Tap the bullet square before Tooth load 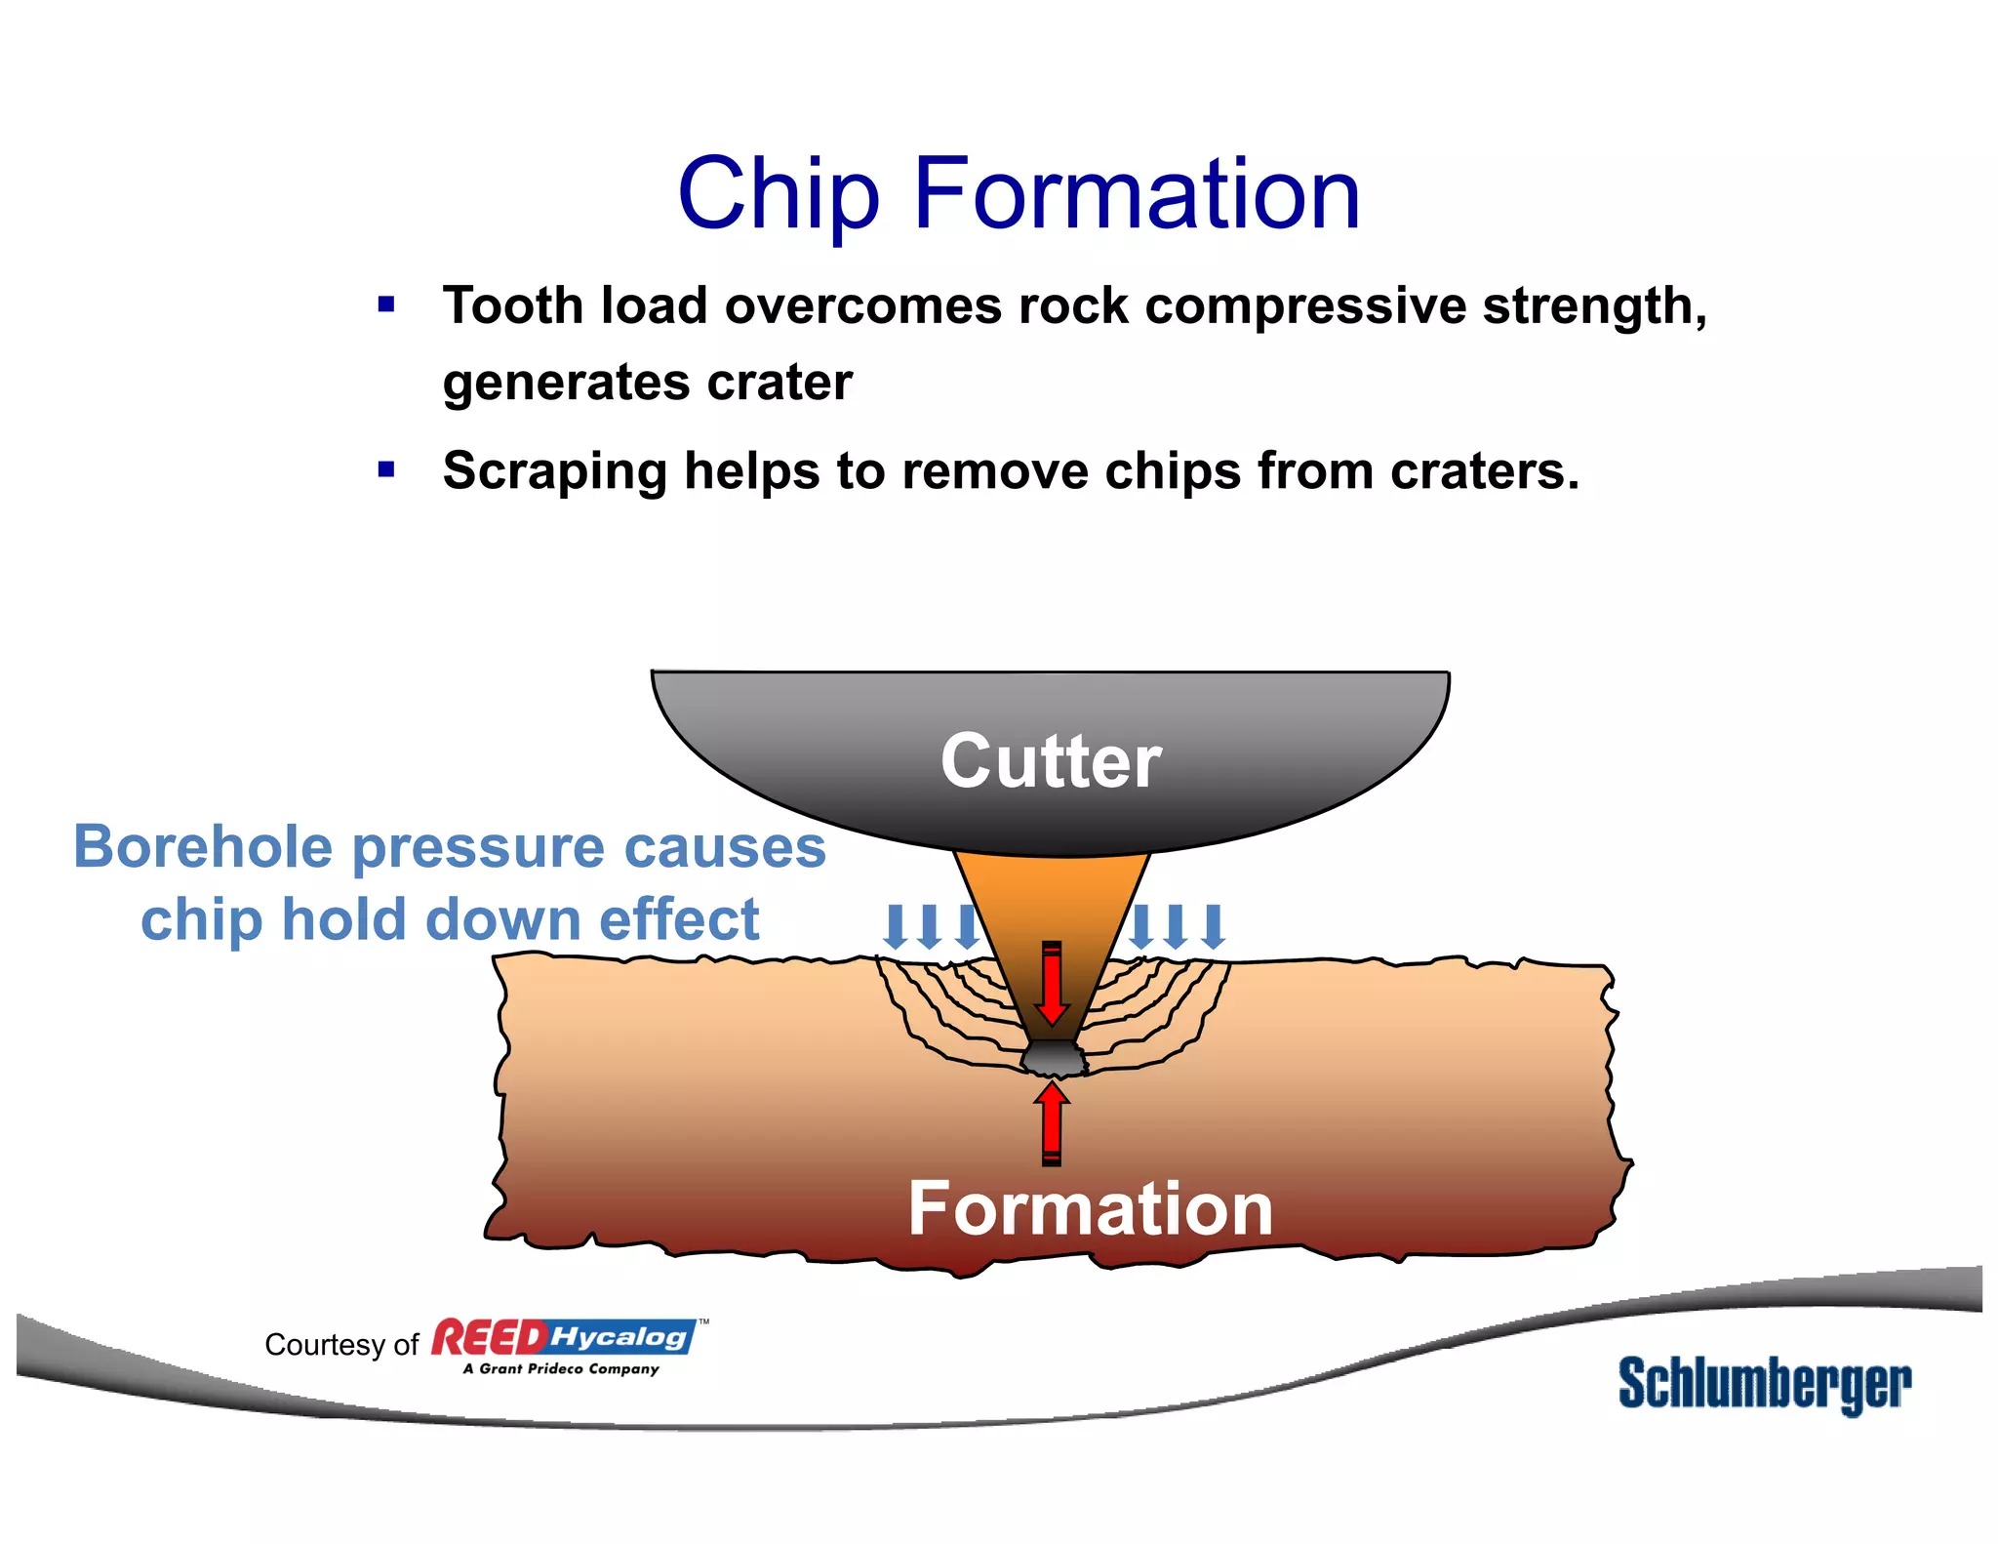(386, 305)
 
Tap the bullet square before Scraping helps (386, 470)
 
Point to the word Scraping (555, 472)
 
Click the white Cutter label (1051, 760)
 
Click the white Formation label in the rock (1090, 1208)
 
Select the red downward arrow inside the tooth (1052, 984)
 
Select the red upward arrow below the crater (1052, 1122)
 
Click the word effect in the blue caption (679, 920)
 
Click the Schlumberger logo (1764, 1384)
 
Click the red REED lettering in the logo (489, 1338)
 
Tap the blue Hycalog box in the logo (620, 1336)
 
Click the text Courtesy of (340, 1345)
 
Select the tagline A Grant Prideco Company (561, 1369)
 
